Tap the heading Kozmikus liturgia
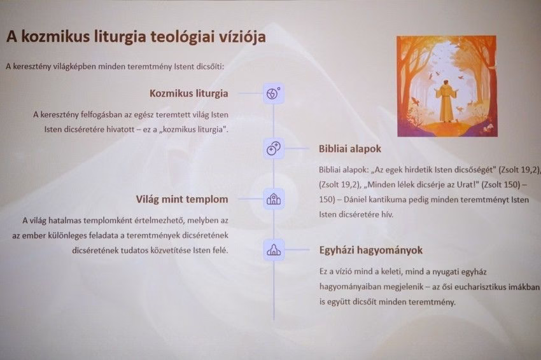click(189, 93)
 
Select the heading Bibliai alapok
click(350, 149)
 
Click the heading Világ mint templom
click(182, 199)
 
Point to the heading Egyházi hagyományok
click(371, 250)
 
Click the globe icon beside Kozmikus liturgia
click(274, 93)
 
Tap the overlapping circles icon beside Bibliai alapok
click(274, 149)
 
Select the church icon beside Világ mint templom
click(274, 199)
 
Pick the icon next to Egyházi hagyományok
click(274, 250)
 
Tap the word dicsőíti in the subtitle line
click(209, 66)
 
